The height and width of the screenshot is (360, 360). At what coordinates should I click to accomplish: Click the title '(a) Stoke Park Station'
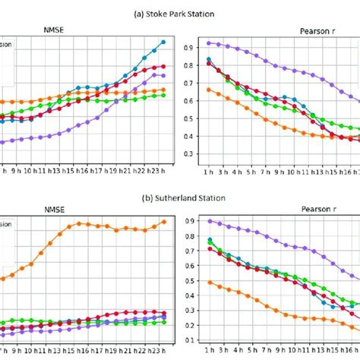tap(179, 13)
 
